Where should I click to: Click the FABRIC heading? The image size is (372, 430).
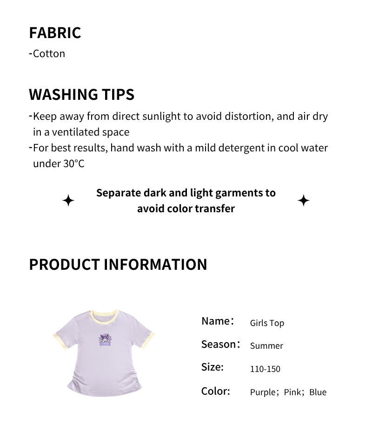pos(55,33)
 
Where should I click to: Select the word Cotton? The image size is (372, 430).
pos(49,53)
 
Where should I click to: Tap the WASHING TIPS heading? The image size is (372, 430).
pos(81,94)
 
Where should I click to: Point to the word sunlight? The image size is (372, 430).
pos(158,116)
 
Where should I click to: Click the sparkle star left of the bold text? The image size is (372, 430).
pos(68,201)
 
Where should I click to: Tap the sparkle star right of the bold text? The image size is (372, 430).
pos(304,201)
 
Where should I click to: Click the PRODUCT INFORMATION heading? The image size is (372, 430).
pos(118,264)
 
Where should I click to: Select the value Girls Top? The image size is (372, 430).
pos(267,323)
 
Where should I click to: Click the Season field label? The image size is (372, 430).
pos(220,344)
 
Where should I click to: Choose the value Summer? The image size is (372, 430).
pos(266,345)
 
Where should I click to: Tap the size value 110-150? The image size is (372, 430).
pos(265,369)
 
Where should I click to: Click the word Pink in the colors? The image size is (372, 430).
pos(292,392)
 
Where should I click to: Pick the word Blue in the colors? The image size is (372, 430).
pos(318,392)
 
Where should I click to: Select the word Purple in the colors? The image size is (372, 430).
pos(263,392)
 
